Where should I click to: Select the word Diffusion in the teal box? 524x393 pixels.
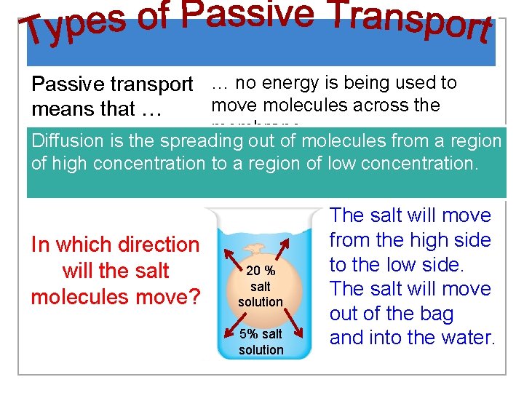(68, 141)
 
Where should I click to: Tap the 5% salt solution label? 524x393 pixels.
(261, 342)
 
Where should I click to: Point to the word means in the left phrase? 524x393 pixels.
(56, 110)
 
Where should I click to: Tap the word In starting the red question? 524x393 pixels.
(40, 245)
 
